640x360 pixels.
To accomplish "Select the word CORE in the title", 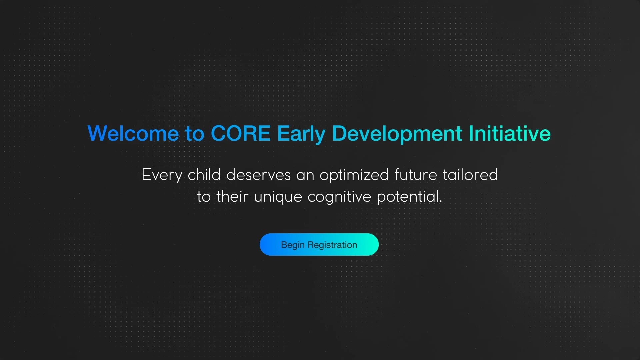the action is click(x=240, y=133).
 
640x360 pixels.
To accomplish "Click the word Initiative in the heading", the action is click(x=510, y=133).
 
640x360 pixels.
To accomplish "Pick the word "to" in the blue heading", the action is click(x=195, y=134).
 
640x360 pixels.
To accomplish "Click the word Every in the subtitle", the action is click(x=162, y=175).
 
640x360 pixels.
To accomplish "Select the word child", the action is click(x=204, y=174).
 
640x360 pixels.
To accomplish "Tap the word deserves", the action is click(x=259, y=174).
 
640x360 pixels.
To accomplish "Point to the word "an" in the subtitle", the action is click(x=305, y=176).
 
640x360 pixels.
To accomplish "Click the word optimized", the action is click(x=354, y=175).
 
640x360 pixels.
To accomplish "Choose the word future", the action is click(x=416, y=174).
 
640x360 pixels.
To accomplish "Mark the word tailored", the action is click(x=470, y=174).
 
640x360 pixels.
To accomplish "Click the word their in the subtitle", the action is click(x=232, y=196).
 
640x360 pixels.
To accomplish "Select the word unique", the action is click(x=278, y=197).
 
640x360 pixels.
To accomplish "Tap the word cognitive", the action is click(x=339, y=197).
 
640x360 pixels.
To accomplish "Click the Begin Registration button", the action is click(x=319, y=245).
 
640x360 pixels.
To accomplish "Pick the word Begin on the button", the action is click(x=293, y=245).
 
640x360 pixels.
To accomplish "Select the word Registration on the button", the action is click(x=332, y=245).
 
